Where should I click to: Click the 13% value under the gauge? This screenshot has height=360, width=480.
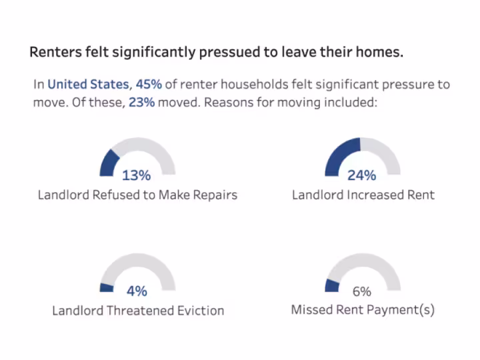click(x=136, y=175)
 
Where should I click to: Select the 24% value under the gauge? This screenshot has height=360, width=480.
click(x=361, y=175)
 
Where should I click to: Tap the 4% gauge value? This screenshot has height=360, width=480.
click(x=136, y=291)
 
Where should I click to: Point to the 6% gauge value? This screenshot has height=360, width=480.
click(x=361, y=291)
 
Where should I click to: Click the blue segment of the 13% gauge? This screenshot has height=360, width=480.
click(x=108, y=162)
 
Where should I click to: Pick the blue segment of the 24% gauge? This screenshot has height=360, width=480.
click(x=341, y=155)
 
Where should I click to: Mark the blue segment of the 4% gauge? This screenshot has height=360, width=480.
click(x=106, y=287)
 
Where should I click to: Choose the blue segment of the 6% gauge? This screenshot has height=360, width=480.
click(x=332, y=285)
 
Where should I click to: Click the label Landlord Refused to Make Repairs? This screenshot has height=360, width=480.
click(x=137, y=195)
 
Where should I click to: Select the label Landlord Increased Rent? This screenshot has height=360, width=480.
click(x=363, y=195)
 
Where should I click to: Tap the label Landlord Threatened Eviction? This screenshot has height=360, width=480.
click(x=138, y=311)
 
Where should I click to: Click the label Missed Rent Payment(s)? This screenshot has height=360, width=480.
click(x=363, y=310)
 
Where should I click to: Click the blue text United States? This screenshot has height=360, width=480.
click(x=88, y=85)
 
